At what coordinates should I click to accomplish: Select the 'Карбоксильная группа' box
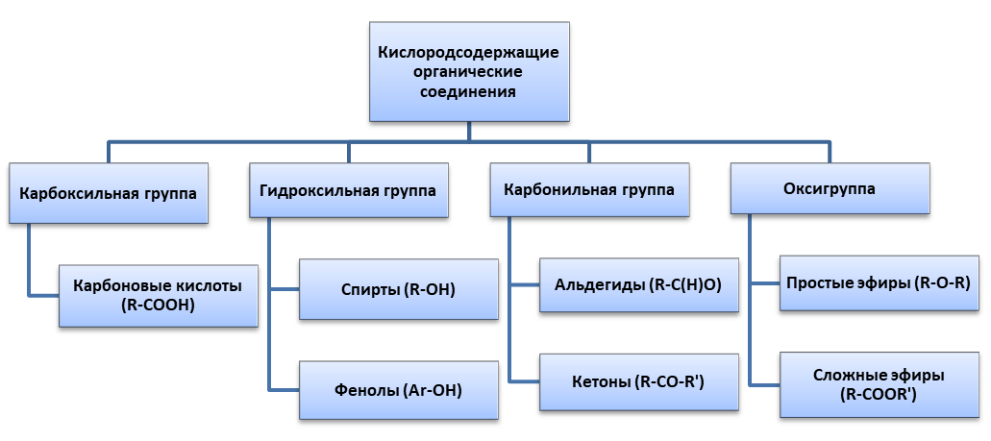tap(108, 192)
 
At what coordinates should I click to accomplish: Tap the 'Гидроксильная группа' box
tap(348, 190)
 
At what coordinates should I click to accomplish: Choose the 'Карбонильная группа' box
tap(589, 189)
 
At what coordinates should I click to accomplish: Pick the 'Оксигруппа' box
tap(830, 188)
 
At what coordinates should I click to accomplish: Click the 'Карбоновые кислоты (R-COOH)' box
tap(158, 295)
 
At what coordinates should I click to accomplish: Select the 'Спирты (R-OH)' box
tap(398, 289)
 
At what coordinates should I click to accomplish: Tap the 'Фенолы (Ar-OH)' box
tap(398, 390)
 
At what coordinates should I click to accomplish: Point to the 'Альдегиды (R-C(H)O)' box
tap(638, 284)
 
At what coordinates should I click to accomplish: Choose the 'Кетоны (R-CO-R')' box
tap(638, 382)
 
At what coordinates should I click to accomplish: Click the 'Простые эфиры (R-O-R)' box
tap(878, 282)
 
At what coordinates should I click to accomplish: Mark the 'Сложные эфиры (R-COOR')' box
tap(878, 384)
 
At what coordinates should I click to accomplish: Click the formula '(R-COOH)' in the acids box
tap(158, 306)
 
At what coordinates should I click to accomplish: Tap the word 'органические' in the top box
tap(469, 72)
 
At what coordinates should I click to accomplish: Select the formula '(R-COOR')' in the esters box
tap(878, 394)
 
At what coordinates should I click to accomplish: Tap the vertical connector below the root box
tap(469, 131)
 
